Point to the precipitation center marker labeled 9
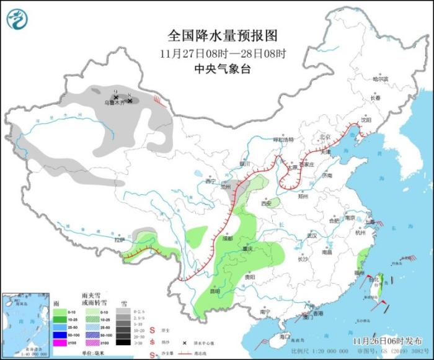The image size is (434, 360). click(x=116, y=96)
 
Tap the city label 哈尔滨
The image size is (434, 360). click(x=379, y=79)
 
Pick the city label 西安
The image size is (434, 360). click(x=267, y=203)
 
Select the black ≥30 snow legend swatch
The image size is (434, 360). click(x=124, y=341)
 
